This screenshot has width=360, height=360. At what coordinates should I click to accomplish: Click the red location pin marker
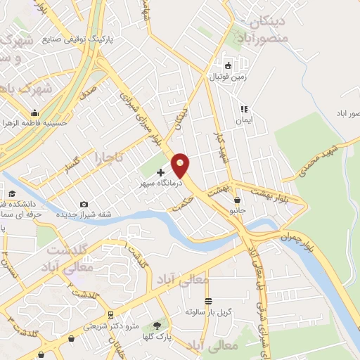(x=181, y=165)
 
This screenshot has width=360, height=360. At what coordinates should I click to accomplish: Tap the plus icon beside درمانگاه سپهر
(x=160, y=172)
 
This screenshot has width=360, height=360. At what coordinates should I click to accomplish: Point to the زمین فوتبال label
(x=226, y=77)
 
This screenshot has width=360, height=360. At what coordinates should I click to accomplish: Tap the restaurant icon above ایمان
(x=244, y=109)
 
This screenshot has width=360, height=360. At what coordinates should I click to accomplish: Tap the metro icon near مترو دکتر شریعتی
(x=110, y=314)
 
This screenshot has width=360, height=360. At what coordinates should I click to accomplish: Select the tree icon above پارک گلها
(x=156, y=326)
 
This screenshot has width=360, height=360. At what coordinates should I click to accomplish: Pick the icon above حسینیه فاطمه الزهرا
(x=34, y=112)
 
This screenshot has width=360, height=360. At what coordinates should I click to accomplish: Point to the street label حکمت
(x=177, y=201)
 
